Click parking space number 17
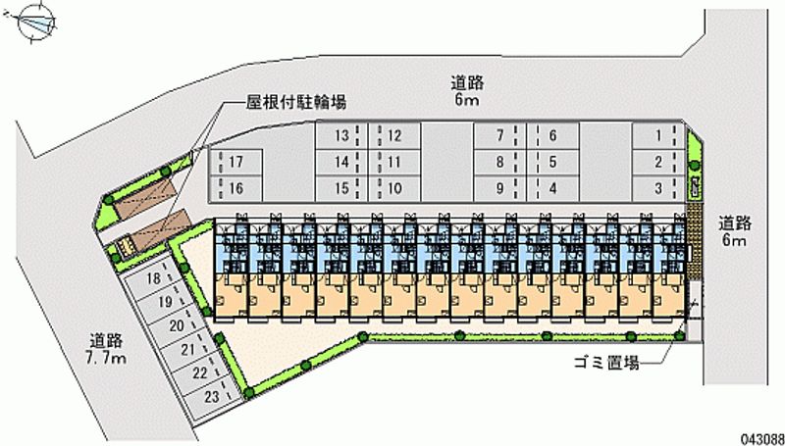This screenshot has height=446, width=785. tap(236, 162)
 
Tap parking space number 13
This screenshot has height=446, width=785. tap(340, 136)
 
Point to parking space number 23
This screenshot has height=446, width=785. tap(211, 396)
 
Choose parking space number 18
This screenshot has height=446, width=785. tap(152, 279)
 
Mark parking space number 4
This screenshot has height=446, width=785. tap(553, 187)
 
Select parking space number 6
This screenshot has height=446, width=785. tap(553, 136)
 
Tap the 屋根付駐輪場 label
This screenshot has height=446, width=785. tap(294, 101)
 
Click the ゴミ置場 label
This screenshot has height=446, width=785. tap(605, 363)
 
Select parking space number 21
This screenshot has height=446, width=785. tap(187, 349)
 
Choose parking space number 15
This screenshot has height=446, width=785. tap(340, 187)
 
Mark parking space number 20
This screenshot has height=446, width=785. tap(177, 325)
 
